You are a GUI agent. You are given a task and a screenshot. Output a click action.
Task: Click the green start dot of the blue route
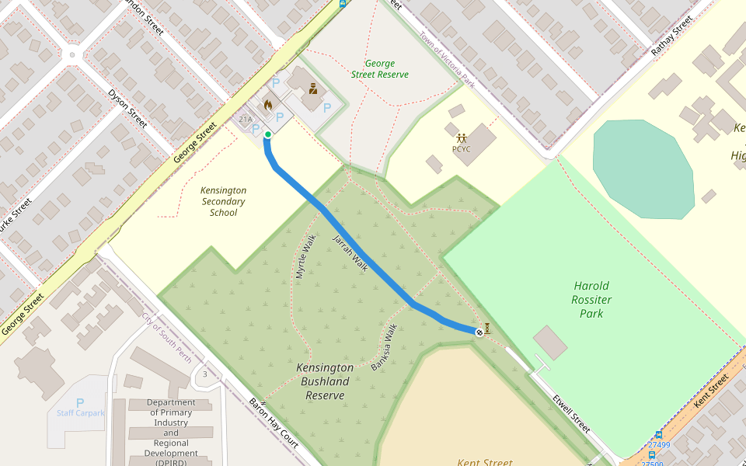268,134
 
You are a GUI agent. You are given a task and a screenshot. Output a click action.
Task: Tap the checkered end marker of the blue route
479,332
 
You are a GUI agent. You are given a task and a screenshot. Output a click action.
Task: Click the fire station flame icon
268,103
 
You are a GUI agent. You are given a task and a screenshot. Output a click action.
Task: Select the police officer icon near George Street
313,88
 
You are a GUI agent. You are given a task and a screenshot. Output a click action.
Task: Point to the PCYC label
462,149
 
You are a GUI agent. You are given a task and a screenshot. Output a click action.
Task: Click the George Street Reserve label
379,69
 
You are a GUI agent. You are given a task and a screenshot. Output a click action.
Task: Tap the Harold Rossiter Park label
591,300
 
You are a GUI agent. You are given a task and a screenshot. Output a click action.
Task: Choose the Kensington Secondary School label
223,201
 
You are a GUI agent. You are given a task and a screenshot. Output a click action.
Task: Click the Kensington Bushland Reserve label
325,381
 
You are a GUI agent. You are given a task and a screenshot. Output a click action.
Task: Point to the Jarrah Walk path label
350,252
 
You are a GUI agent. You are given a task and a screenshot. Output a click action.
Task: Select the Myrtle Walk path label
305,257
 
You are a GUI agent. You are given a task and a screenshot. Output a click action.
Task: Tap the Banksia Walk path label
385,346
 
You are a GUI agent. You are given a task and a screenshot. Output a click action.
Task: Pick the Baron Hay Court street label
274,423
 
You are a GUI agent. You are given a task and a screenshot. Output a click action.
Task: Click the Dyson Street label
127,108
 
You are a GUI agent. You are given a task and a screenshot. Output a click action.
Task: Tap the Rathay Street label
671,37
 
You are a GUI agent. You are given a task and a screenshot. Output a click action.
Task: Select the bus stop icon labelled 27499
658,435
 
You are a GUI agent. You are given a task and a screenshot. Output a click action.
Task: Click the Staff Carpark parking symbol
80,403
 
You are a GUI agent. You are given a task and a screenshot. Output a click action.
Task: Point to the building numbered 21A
246,120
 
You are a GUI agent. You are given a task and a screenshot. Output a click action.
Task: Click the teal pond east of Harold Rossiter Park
643,169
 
